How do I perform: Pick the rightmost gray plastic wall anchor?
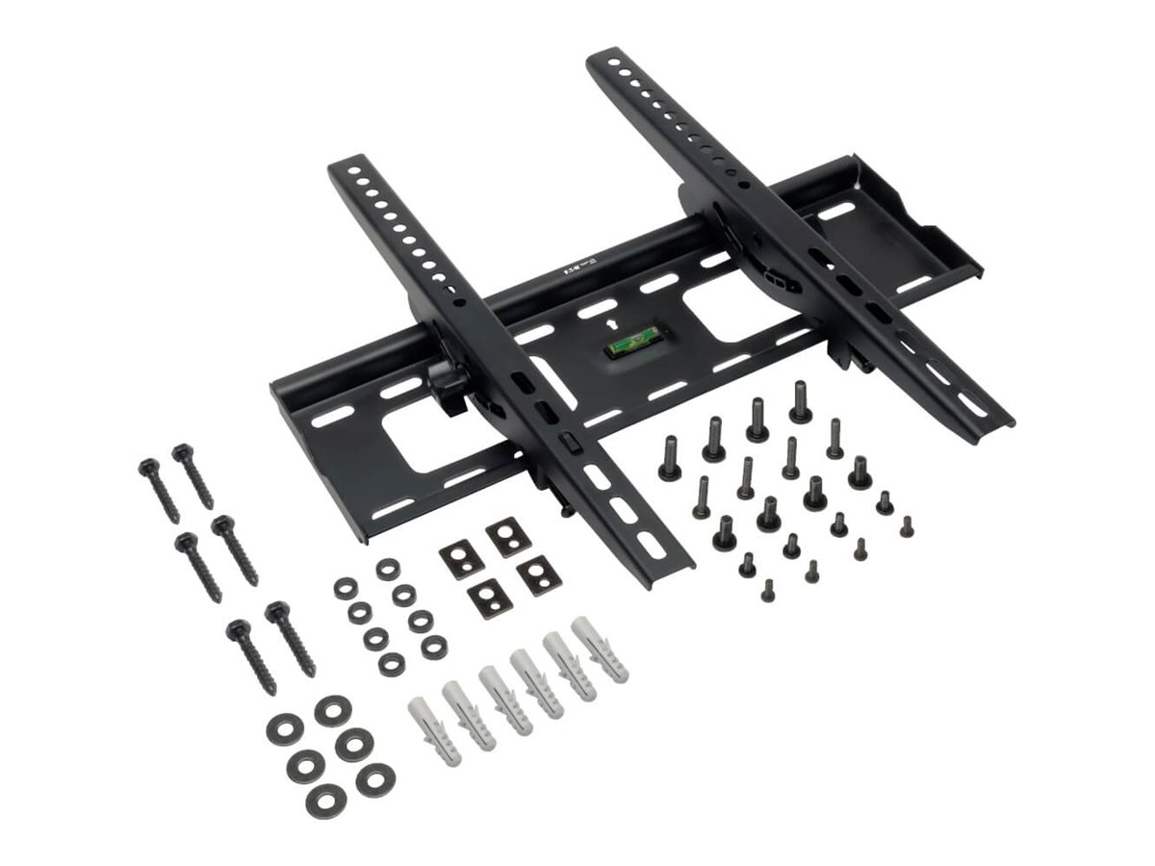pyautogui.click(x=600, y=649)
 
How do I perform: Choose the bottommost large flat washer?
pyautogui.click(x=324, y=800)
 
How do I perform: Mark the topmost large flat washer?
pyautogui.click(x=333, y=711)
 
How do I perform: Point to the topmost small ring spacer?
pyautogui.click(x=388, y=569)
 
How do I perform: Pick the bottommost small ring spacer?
pyautogui.click(x=392, y=663)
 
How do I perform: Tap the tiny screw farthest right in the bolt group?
pyautogui.click(x=906, y=526)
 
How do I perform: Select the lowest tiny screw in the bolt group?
pyautogui.click(x=767, y=591)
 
